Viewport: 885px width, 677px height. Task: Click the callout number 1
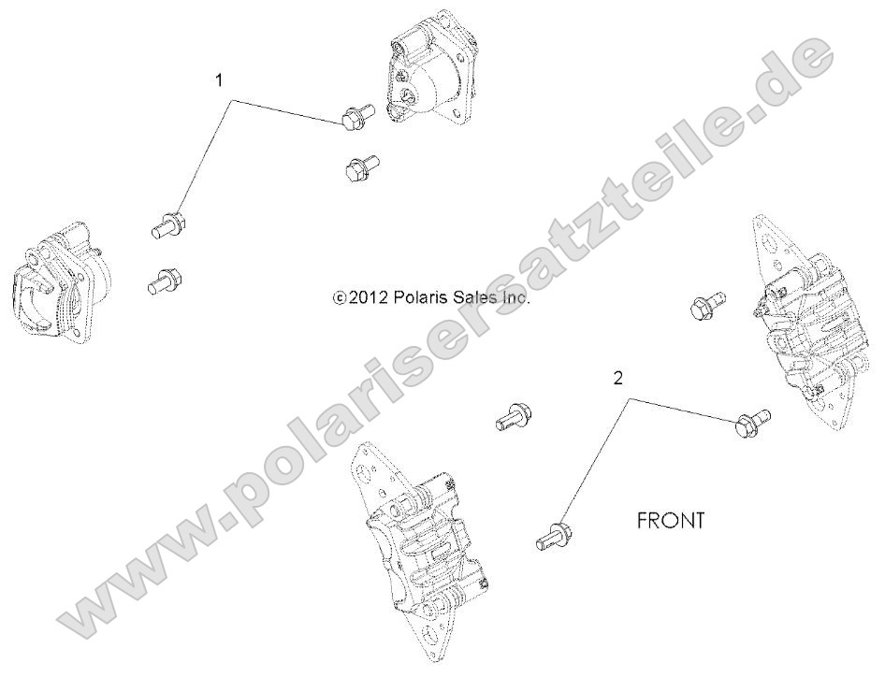[x=220, y=80]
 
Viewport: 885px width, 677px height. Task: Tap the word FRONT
[x=670, y=521]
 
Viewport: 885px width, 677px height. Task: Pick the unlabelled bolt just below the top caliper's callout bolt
[x=359, y=169]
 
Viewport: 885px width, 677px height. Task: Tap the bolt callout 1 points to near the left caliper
[x=168, y=224]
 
